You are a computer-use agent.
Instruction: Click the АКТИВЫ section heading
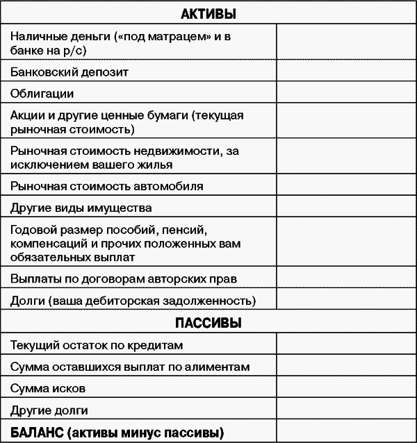coord(208,13)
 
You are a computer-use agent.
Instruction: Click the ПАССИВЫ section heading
coord(208,323)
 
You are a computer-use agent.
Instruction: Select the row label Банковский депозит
coord(69,72)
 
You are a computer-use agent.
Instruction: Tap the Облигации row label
coord(42,93)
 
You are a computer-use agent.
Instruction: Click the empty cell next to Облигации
coord(345,93)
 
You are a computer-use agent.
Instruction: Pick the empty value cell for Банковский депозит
coord(345,72)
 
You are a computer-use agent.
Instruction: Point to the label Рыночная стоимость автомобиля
coord(107,186)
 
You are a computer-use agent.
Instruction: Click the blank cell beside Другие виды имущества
coord(345,208)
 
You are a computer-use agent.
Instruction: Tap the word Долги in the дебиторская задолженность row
coord(26,301)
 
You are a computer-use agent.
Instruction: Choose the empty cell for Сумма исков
coord(345,388)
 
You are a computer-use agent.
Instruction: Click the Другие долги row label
coord(49,410)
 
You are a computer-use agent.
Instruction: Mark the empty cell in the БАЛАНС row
coord(345,432)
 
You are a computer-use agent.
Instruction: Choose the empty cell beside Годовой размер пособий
coord(345,242)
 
